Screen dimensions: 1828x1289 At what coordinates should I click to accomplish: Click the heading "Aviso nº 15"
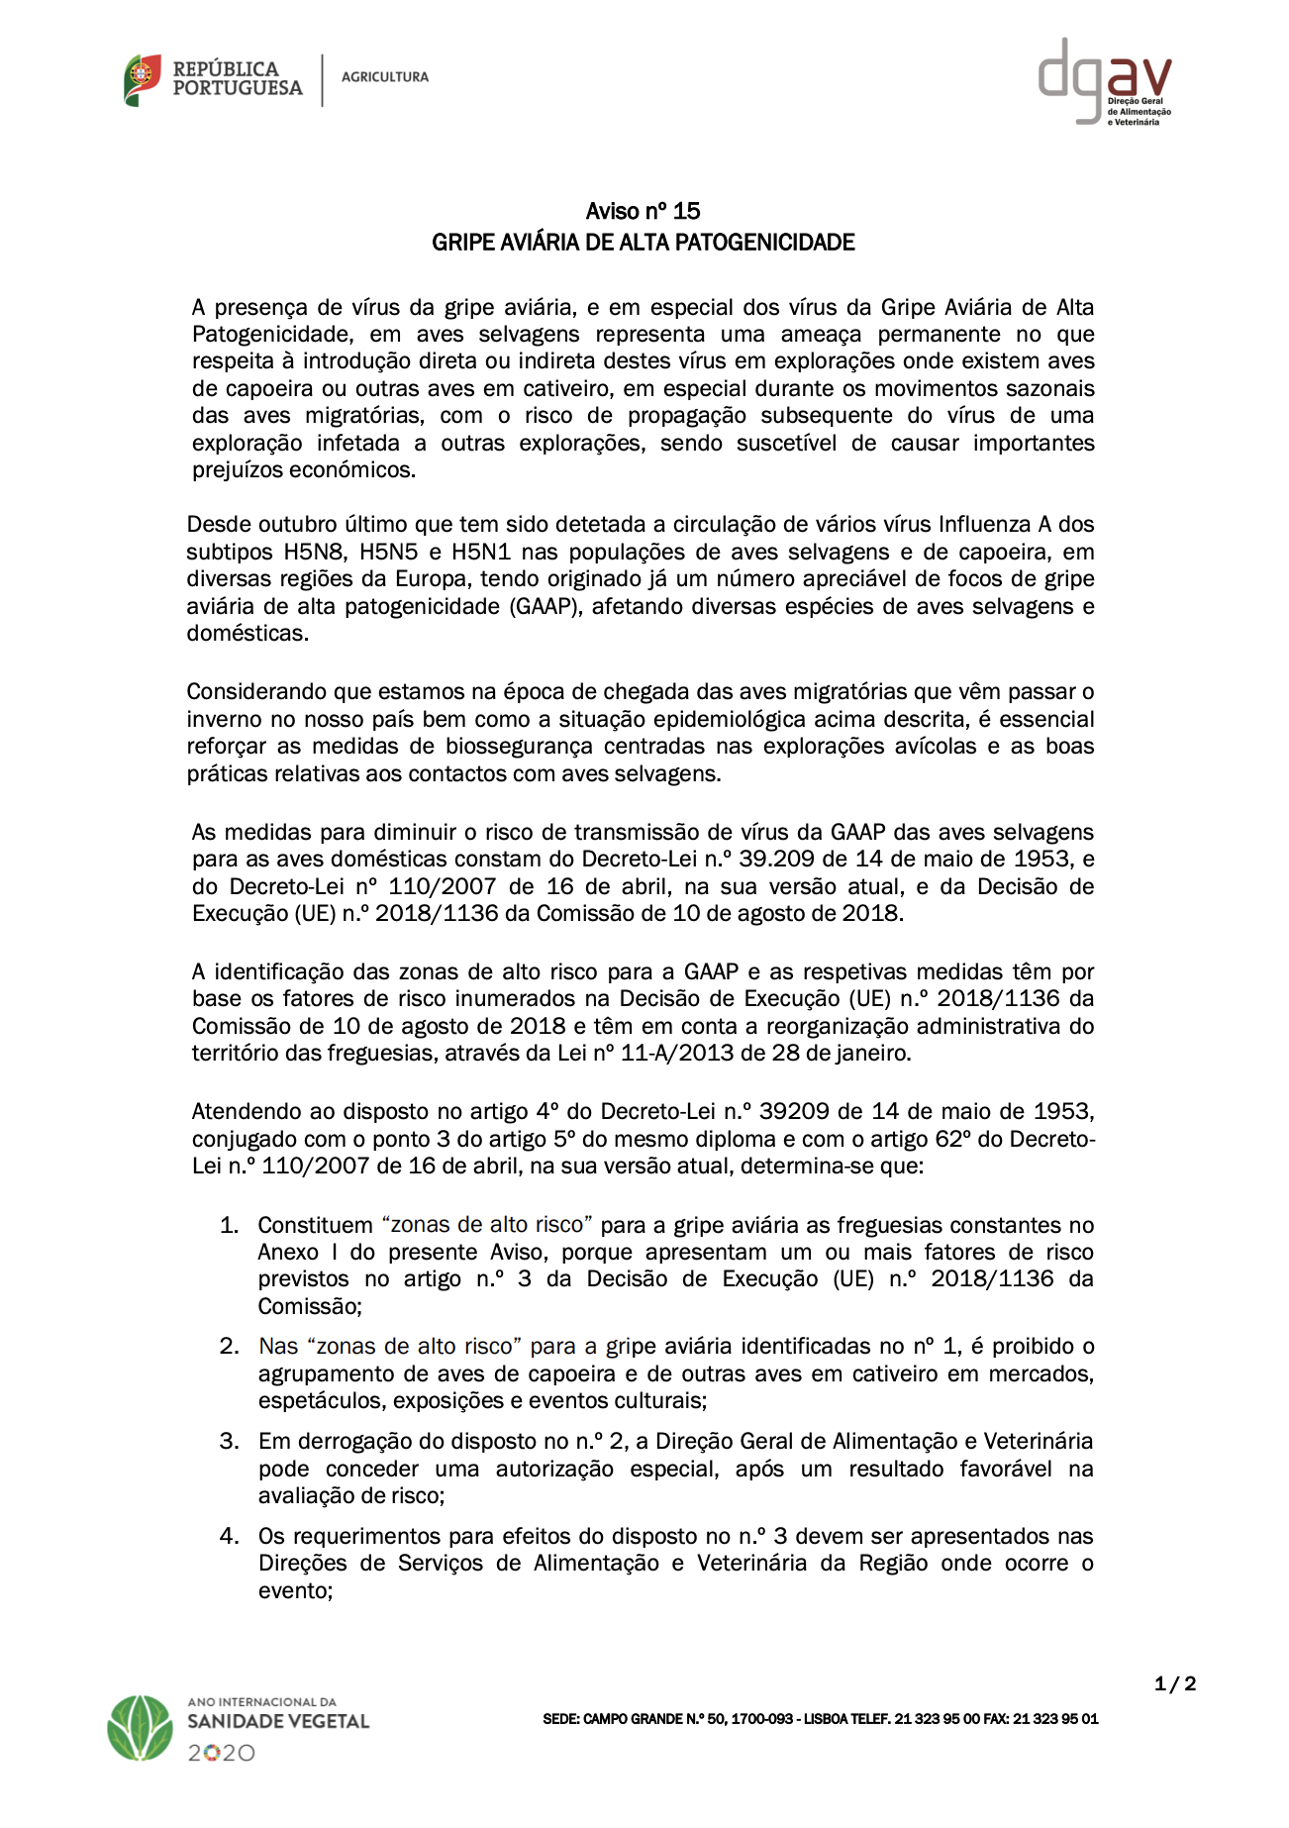pos(643,211)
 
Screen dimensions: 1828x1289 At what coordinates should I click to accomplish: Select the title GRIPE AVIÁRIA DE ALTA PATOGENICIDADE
pos(643,243)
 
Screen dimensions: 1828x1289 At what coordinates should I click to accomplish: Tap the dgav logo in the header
pos(1104,81)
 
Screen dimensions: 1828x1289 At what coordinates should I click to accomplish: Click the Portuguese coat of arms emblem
pos(143,79)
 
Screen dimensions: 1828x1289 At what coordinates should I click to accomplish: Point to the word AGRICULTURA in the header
pos(385,77)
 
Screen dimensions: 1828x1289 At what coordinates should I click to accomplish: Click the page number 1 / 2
pos(1175,1683)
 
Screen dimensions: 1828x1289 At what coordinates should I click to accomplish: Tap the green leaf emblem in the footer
pos(141,1728)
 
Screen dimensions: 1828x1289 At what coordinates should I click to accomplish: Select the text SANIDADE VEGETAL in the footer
pos(278,1721)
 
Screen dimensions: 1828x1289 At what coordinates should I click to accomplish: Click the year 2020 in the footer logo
pos(222,1753)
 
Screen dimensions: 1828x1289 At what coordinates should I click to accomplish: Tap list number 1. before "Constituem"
pos(229,1225)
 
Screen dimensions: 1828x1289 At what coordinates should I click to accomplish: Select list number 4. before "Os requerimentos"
pos(229,1536)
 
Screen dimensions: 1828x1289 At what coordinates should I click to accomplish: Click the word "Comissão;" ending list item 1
pos(310,1306)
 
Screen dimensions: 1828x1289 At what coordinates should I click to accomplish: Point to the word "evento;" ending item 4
pos(295,1590)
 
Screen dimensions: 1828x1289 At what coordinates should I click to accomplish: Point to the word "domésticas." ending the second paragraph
pos(248,633)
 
